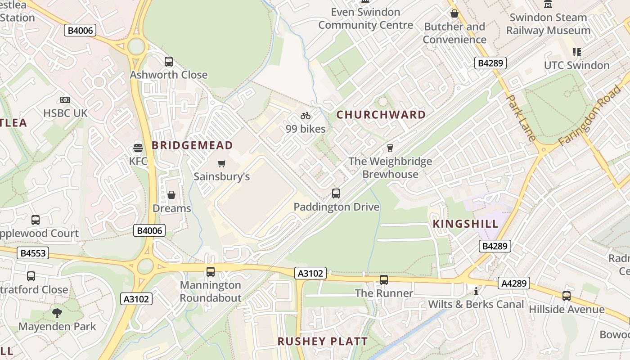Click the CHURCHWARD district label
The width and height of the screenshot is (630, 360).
[x=381, y=115]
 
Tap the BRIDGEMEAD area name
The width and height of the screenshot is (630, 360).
[x=192, y=145]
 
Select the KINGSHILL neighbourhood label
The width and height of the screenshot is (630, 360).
[x=466, y=224]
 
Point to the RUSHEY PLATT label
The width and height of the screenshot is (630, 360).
[x=323, y=342]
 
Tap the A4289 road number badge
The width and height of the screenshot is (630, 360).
[x=513, y=283]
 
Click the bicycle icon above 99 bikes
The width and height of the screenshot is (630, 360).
[x=306, y=116]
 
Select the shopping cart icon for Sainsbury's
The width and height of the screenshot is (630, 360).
[x=221, y=163]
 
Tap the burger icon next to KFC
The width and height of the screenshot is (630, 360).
[x=138, y=148]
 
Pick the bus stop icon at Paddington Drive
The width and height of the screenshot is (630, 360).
[x=336, y=193]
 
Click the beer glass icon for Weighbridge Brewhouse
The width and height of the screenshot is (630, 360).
[x=390, y=148]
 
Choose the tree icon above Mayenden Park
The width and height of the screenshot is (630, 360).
[x=57, y=313]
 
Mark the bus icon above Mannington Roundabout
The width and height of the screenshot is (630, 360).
[x=211, y=272]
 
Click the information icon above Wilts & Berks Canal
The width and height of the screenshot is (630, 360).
[x=476, y=291]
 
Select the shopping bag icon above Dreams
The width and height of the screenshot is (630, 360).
[x=171, y=195]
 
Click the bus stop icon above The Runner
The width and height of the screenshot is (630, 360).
[x=384, y=280]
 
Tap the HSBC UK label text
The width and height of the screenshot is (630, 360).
[x=65, y=113]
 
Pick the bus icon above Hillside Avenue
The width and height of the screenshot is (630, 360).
[x=567, y=296]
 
